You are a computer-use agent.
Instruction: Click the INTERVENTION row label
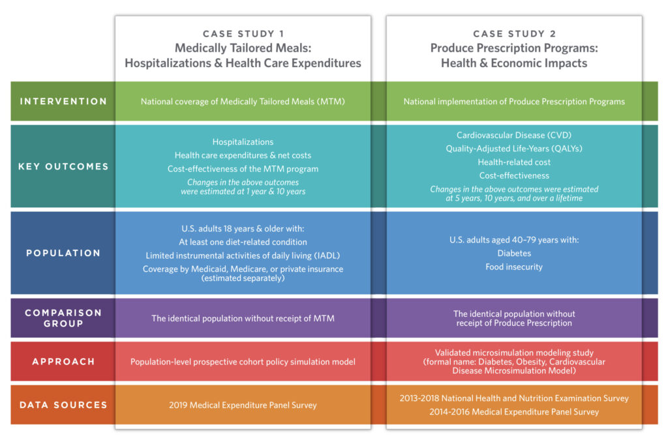click(x=63, y=102)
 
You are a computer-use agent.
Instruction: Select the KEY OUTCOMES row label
click(x=63, y=166)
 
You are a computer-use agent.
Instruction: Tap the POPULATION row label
click(x=63, y=253)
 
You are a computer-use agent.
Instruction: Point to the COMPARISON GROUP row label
click(x=63, y=318)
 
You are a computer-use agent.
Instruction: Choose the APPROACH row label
click(x=63, y=362)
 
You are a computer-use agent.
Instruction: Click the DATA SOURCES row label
click(x=63, y=405)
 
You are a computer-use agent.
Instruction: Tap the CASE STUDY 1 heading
click(x=243, y=34)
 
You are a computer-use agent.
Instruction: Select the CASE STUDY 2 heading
click(x=513, y=34)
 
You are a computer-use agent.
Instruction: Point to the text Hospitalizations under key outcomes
click(x=243, y=141)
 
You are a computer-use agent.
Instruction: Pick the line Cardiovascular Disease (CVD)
click(x=513, y=136)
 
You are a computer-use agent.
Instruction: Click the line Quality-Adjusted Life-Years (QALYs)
click(x=513, y=149)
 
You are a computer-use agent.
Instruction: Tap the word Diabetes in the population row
click(x=513, y=253)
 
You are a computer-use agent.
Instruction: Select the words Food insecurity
click(x=513, y=267)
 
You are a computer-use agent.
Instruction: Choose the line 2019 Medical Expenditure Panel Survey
click(x=243, y=405)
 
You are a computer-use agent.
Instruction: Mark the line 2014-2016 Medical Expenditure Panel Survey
click(x=513, y=411)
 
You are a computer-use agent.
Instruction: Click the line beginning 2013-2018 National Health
click(x=513, y=398)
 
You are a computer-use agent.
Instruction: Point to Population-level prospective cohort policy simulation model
click(x=243, y=362)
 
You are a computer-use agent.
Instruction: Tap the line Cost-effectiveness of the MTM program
click(x=243, y=169)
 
